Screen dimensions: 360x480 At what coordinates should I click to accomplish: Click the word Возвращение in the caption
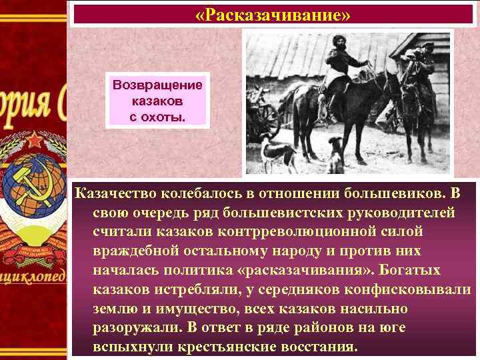[x=158, y=87]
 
